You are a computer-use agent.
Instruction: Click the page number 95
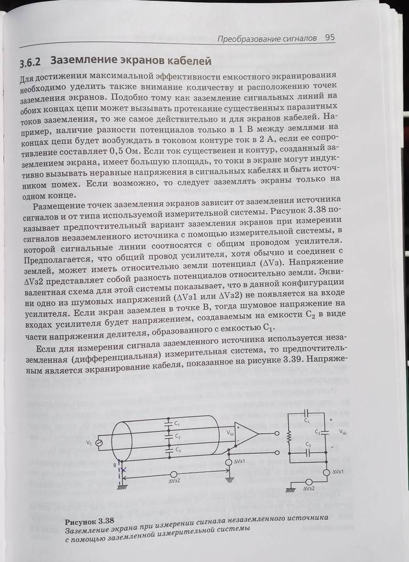[x=330, y=38]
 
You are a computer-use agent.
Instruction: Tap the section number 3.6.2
[x=33, y=61]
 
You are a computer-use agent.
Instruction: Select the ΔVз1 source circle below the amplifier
[x=229, y=463]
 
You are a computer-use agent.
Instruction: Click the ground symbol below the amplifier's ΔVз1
[x=229, y=479]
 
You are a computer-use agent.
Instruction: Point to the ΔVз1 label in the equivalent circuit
[x=339, y=472]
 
